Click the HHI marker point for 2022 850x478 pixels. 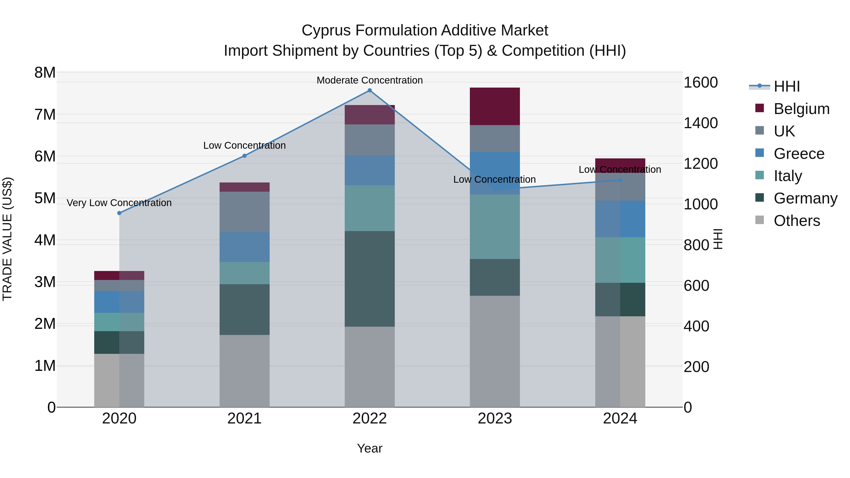point(370,90)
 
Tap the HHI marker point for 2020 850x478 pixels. point(119,213)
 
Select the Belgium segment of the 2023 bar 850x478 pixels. point(495,106)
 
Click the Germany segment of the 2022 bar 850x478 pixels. point(370,279)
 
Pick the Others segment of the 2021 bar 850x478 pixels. point(245,371)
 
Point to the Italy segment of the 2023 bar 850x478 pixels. point(495,227)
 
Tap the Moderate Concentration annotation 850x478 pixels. point(370,80)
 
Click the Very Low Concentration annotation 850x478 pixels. point(119,203)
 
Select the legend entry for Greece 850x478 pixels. point(799,154)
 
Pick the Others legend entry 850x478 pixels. point(797,221)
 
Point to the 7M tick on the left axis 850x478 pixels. point(45,115)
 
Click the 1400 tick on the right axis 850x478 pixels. point(701,123)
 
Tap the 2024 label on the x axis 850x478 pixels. point(620,419)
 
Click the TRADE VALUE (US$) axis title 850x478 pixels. point(7,239)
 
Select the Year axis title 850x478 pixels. point(370,448)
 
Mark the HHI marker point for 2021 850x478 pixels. point(245,156)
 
